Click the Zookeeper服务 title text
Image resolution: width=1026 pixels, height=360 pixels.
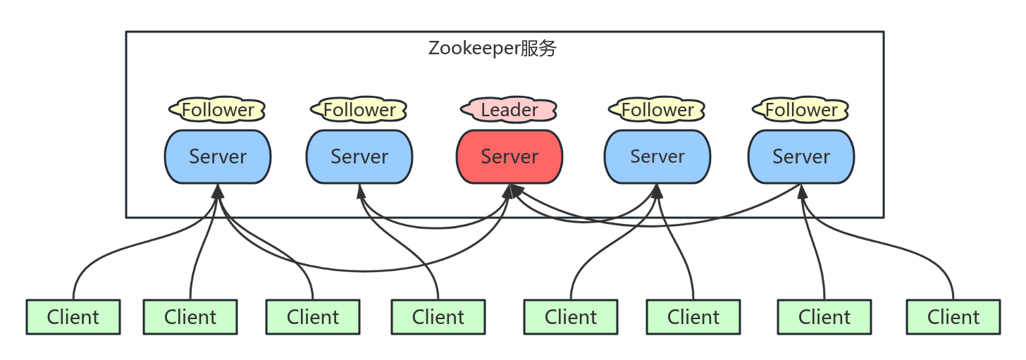pyautogui.click(x=493, y=49)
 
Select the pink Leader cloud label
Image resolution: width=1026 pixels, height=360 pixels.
pyautogui.click(x=509, y=110)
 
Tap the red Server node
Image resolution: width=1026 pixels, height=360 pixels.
pyautogui.click(x=509, y=156)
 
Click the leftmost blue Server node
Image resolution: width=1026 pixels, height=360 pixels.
pyautogui.click(x=218, y=156)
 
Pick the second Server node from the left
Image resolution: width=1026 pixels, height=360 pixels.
pyautogui.click(x=359, y=156)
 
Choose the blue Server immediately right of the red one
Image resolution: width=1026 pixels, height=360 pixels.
pyautogui.click(x=657, y=156)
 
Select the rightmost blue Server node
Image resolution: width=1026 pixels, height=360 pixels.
pyautogui.click(x=801, y=156)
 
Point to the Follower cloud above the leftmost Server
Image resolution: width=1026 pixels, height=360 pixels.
pyautogui.click(x=218, y=110)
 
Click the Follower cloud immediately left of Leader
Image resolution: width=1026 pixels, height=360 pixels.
pyautogui.click(x=359, y=110)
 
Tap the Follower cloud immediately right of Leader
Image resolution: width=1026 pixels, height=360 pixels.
pyautogui.click(x=657, y=110)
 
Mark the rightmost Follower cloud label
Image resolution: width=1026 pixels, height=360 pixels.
pyautogui.click(x=801, y=110)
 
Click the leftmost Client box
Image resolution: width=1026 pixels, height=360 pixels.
pyautogui.click(x=73, y=317)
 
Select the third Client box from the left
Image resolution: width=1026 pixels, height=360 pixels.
pyautogui.click(x=313, y=317)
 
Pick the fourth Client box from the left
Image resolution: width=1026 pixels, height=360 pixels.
pyautogui.click(x=438, y=317)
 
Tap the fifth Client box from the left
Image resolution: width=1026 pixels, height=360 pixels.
pyautogui.click(x=571, y=317)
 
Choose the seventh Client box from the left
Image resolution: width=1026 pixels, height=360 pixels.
pyautogui.click(x=824, y=317)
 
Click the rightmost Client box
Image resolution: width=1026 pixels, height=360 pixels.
pyautogui.click(x=953, y=317)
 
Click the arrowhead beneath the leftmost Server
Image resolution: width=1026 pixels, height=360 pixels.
pyautogui.click(x=218, y=190)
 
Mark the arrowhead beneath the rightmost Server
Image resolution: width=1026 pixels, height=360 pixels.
pyautogui.click(x=801, y=190)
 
